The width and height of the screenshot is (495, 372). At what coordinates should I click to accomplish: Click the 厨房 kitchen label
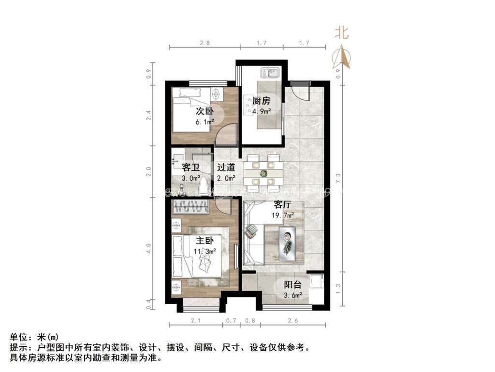[261, 101]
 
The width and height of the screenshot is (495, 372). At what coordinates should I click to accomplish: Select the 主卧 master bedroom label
[204, 241]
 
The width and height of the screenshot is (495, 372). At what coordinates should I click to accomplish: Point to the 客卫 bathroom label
[190, 168]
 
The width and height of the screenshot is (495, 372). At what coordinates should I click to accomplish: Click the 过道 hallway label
[226, 168]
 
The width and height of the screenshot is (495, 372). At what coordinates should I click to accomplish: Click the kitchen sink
[269, 73]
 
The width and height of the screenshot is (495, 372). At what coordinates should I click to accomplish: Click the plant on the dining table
[263, 173]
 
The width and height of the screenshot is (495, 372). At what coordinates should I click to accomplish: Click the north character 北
[342, 32]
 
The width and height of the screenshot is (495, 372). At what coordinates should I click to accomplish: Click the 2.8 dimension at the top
[204, 43]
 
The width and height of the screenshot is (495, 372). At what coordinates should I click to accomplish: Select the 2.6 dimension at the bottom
[293, 320]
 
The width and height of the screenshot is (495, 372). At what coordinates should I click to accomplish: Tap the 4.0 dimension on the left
[149, 249]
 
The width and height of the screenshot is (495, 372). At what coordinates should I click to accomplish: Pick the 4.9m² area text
[262, 111]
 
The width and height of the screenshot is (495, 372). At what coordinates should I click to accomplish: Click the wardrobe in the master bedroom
[189, 207]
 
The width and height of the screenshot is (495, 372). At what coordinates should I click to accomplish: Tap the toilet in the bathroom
[204, 185]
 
